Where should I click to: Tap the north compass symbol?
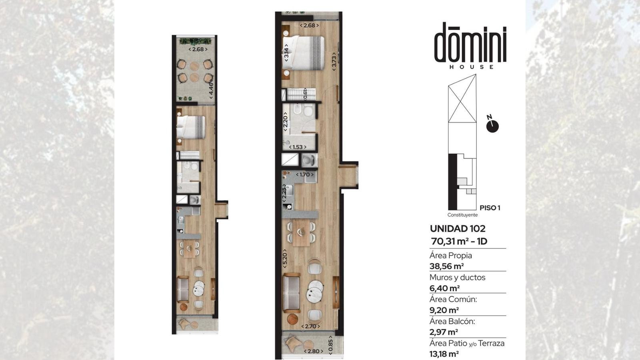point(492,126)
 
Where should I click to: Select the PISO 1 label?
point(490,208)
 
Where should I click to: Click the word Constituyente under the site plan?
point(462,215)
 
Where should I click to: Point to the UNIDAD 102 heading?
point(458,228)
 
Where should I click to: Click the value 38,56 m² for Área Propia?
point(446,266)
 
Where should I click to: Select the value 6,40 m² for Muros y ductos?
point(444,288)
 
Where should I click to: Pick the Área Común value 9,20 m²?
point(444,310)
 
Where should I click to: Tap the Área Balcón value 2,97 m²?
point(444,332)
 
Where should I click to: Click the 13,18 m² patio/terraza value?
point(444,354)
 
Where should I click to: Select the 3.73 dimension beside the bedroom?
point(334,62)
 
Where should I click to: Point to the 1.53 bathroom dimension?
point(298,147)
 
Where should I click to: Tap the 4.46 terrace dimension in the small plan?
point(211,89)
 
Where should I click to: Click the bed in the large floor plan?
point(303,53)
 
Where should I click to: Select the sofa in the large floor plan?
point(291,292)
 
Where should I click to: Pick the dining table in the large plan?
point(301,234)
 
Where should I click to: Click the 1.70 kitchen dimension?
point(304,174)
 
